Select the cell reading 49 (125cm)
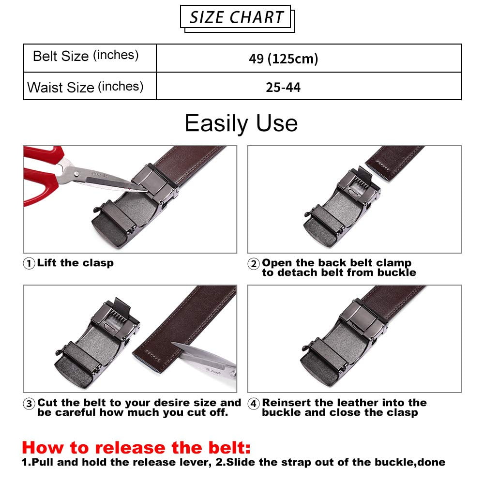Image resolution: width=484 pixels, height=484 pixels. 283,59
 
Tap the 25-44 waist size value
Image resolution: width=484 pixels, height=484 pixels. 283,87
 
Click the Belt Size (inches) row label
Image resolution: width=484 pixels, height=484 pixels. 86,56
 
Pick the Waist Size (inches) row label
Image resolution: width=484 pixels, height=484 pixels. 85,87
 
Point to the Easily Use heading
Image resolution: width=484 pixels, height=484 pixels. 241,123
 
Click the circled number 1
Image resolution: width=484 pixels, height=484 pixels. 29,264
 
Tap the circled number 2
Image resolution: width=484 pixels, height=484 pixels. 254,264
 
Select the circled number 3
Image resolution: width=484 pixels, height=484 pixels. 29,404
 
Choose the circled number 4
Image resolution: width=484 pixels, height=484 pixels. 254,404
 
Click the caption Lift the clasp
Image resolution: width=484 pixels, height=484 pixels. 76,263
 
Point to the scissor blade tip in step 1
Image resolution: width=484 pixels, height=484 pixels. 146,191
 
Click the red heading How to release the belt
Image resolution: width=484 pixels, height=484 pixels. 136,448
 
